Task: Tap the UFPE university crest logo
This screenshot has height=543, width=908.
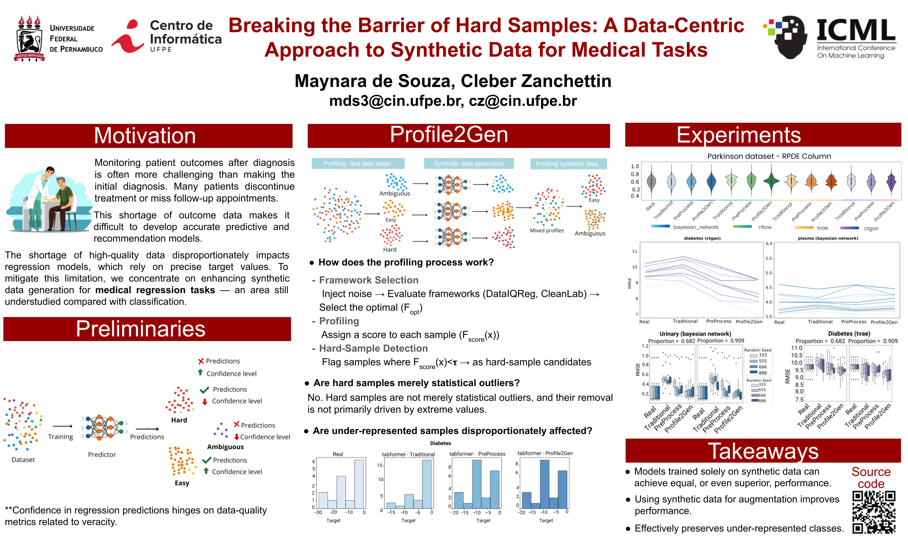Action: tap(29, 38)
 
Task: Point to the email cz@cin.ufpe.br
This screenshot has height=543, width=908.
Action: tap(523, 101)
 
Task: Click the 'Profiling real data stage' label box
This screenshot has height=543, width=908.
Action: tap(358, 164)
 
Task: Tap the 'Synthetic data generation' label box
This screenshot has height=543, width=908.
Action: tap(469, 164)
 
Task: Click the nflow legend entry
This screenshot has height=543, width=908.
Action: tap(765, 227)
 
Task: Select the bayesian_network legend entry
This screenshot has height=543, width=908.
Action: tap(695, 227)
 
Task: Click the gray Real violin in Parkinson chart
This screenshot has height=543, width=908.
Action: tap(651, 181)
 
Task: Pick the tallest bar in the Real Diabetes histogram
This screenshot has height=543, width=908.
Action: tap(359, 484)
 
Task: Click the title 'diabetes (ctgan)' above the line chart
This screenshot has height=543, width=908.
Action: tap(702, 238)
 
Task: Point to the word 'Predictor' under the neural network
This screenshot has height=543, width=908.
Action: tap(102, 455)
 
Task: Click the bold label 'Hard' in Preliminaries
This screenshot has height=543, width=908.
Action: tap(179, 420)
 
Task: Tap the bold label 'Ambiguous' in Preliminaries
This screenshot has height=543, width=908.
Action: tap(225, 447)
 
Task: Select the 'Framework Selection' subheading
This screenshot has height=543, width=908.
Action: tap(369, 280)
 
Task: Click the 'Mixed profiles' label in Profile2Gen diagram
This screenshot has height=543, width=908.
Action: tap(547, 231)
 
